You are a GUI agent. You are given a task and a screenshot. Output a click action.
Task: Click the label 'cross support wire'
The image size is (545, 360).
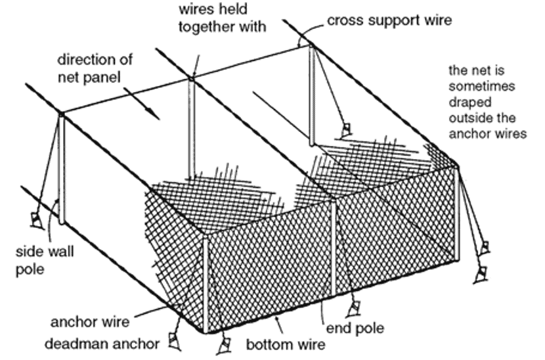(x=389, y=20)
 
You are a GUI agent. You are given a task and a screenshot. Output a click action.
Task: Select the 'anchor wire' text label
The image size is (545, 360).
(x=90, y=323)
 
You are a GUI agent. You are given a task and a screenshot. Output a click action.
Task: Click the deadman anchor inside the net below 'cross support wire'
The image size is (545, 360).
(x=344, y=132)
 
